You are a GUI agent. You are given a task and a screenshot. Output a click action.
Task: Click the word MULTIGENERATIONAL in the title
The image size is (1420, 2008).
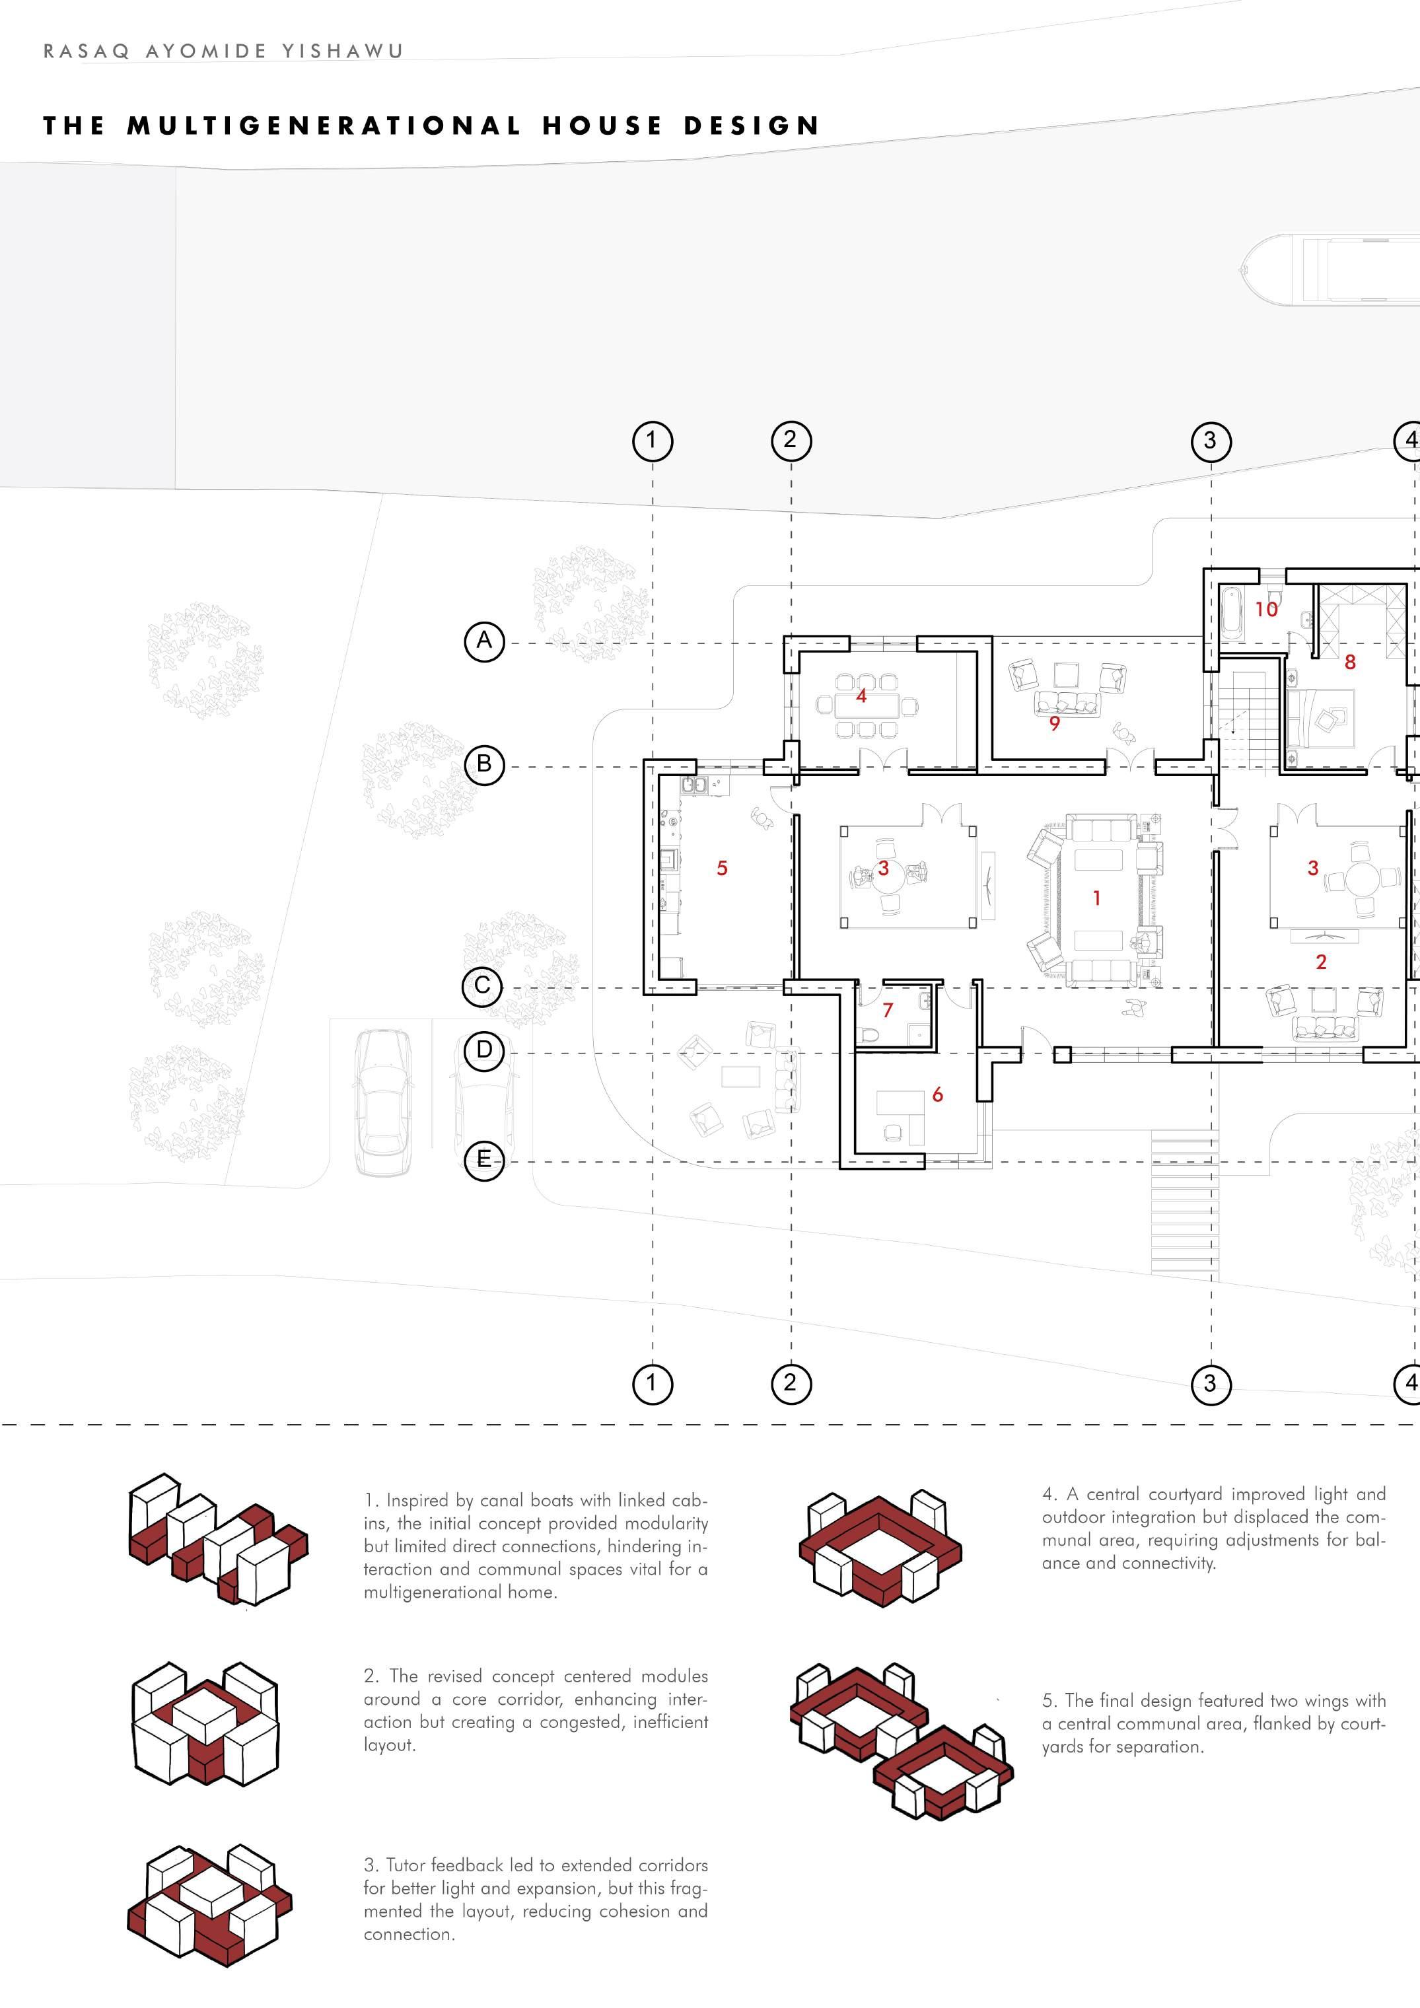[x=324, y=126]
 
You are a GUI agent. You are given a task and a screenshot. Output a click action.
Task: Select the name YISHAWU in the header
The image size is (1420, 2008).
[x=343, y=51]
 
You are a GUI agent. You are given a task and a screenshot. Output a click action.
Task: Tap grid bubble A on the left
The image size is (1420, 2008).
[x=483, y=641]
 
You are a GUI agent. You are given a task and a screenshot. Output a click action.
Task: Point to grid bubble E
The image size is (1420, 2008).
[x=483, y=1160]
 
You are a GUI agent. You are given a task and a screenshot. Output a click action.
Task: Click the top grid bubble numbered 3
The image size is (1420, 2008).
[x=1210, y=440]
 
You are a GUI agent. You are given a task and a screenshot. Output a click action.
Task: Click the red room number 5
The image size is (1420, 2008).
[x=723, y=867]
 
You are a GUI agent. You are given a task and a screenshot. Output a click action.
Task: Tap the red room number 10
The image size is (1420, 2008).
[x=1266, y=610]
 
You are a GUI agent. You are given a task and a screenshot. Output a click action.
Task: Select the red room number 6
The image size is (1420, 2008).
[x=937, y=1094]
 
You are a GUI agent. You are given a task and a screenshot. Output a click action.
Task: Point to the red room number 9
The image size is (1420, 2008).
[x=1055, y=723]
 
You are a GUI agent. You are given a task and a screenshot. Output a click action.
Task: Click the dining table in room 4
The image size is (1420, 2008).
[x=861, y=705]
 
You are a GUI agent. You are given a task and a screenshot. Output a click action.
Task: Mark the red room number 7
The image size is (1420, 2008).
[x=888, y=1010]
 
